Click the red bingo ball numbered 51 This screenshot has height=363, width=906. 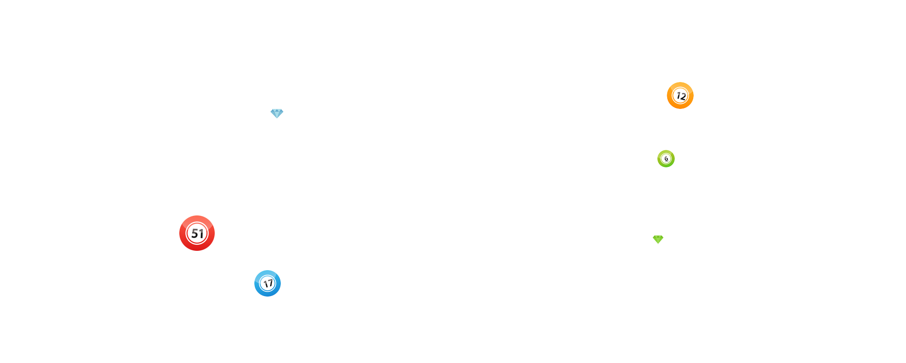(197, 233)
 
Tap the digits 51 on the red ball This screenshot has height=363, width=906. (197, 233)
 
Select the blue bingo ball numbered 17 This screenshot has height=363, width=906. (268, 283)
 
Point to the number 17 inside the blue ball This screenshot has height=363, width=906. (268, 284)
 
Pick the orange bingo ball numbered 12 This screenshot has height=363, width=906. (680, 95)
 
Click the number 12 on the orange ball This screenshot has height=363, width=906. (680, 96)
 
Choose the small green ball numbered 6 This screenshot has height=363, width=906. (666, 158)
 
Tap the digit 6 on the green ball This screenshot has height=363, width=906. (666, 159)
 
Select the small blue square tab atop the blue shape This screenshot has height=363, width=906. (277, 114)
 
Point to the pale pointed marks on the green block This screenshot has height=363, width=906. (658, 232)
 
